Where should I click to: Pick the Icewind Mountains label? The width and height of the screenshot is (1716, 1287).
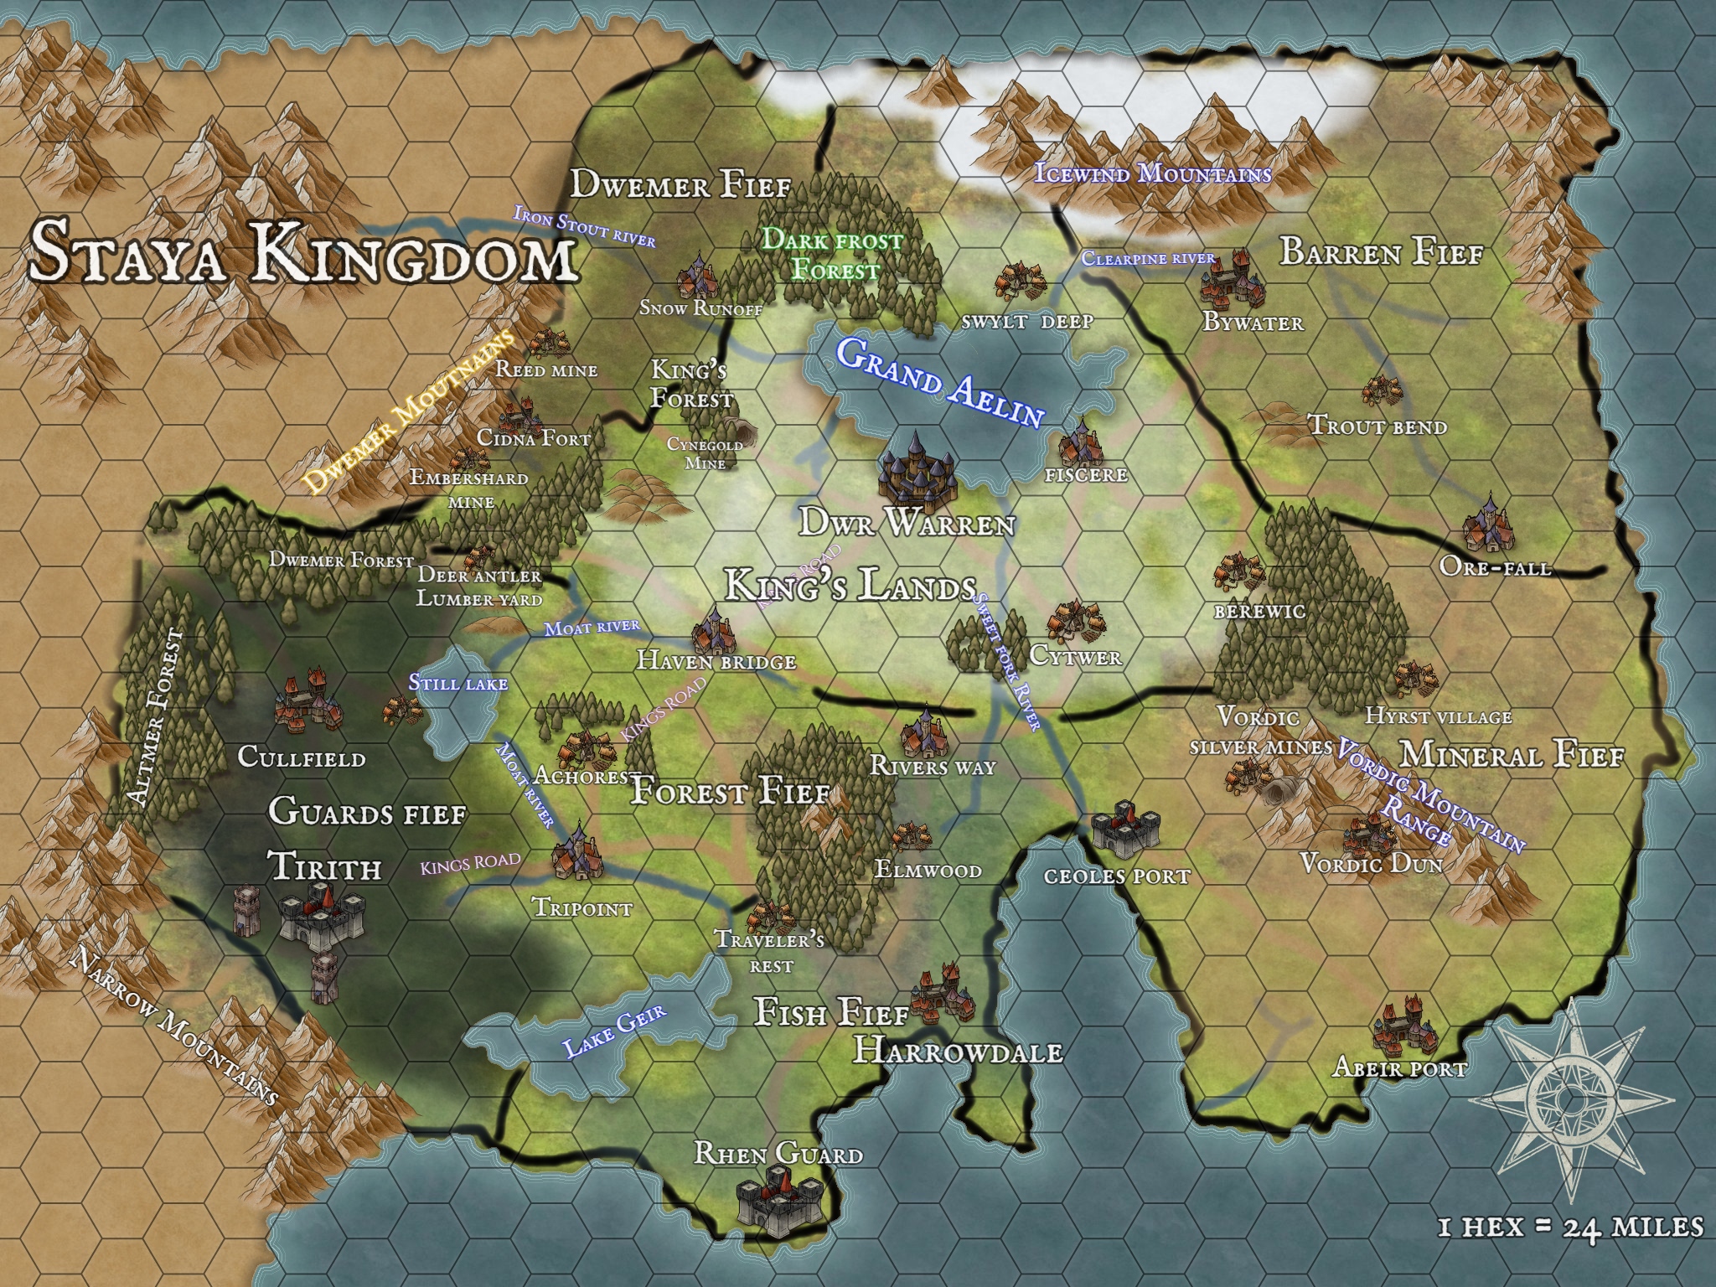pyautogui.click(x=1153, y=174)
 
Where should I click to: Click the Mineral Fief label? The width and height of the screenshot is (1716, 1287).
pyautogui.click(x=1512, y=755)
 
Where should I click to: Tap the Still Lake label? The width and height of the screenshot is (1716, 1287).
pyautogui.click(x=457, y=683)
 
